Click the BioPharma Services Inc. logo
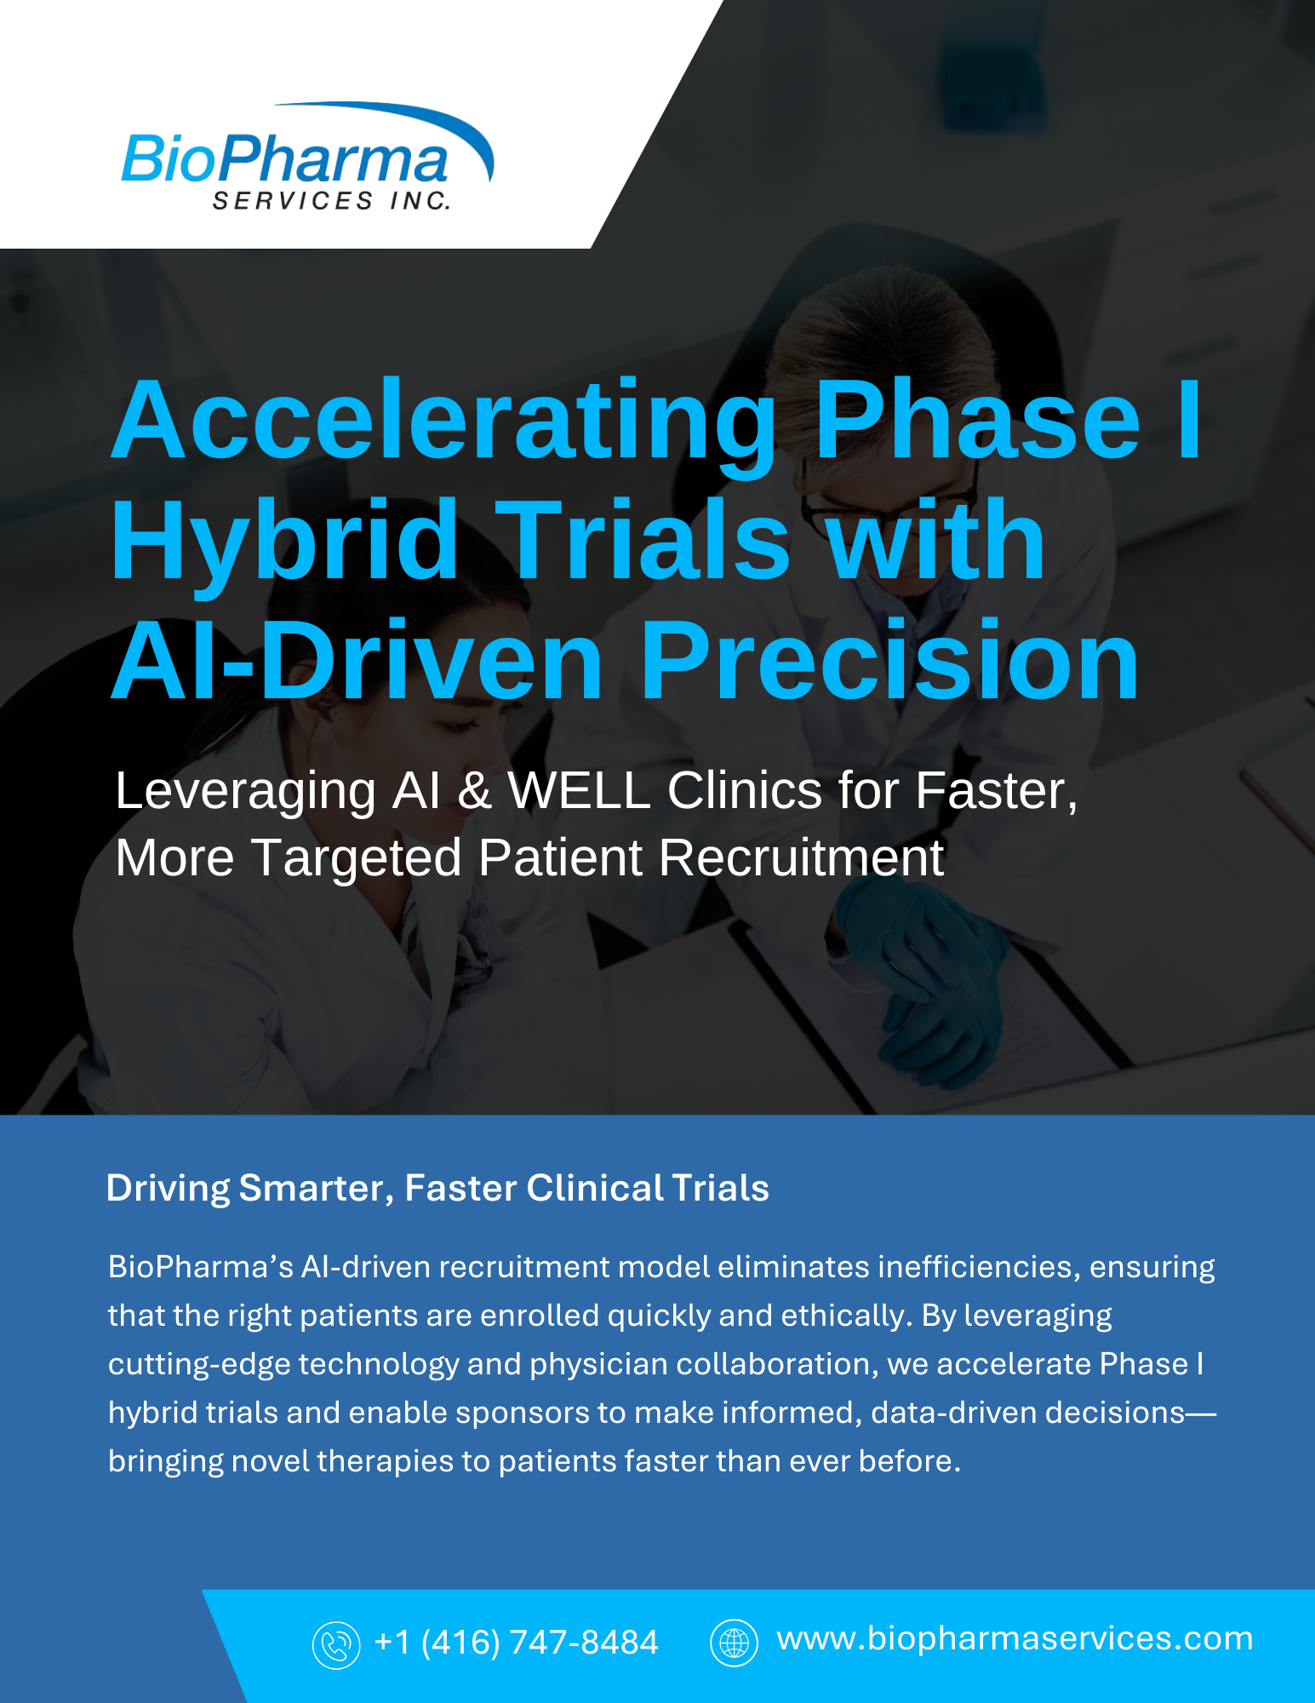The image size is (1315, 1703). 306,157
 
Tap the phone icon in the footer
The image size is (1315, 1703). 336,1644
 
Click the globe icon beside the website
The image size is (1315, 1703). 734,1642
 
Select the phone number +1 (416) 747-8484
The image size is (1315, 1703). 517,1643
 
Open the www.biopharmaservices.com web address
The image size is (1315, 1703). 1015,1639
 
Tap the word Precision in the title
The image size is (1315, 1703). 889,660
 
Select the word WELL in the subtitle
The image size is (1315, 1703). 580,791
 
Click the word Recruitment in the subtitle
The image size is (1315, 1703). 801,857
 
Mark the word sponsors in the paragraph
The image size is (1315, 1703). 523,1413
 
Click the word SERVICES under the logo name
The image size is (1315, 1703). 293,201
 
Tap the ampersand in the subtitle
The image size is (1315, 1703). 475,791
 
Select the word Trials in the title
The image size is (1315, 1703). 643,542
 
